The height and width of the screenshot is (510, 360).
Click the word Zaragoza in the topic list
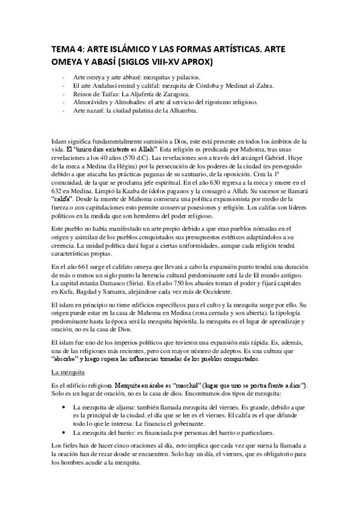pos(175,94)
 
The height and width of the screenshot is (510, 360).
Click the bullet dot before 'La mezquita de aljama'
pos(64,407)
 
